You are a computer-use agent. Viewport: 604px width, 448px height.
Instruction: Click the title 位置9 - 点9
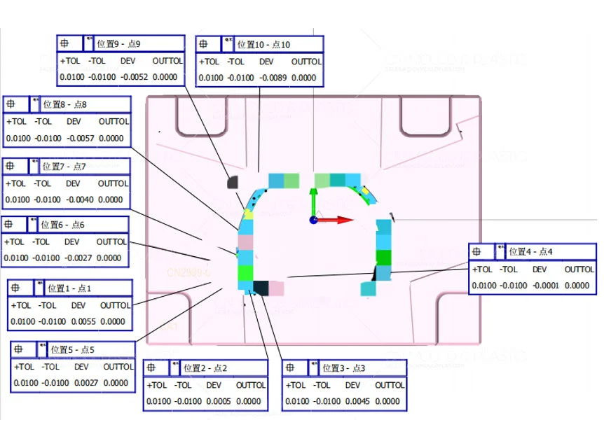(x=120, y=44)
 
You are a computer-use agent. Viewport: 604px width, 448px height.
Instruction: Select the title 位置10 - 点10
(x=263, y=44)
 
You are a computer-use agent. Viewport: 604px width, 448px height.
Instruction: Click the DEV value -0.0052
(x=134, y=77)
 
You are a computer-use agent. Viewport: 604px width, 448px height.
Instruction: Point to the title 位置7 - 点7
(x=64, y=167)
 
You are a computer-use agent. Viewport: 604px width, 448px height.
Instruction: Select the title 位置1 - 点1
(x=69, y=288)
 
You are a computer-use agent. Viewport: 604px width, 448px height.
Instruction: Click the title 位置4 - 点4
(x=530, y=251)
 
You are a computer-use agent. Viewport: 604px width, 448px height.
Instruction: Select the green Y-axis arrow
(x=313, y=199)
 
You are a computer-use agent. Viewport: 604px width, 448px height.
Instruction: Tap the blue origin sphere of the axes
(x=313, y=220)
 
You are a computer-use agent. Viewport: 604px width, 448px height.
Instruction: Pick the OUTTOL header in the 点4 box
(x=579, y=269)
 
